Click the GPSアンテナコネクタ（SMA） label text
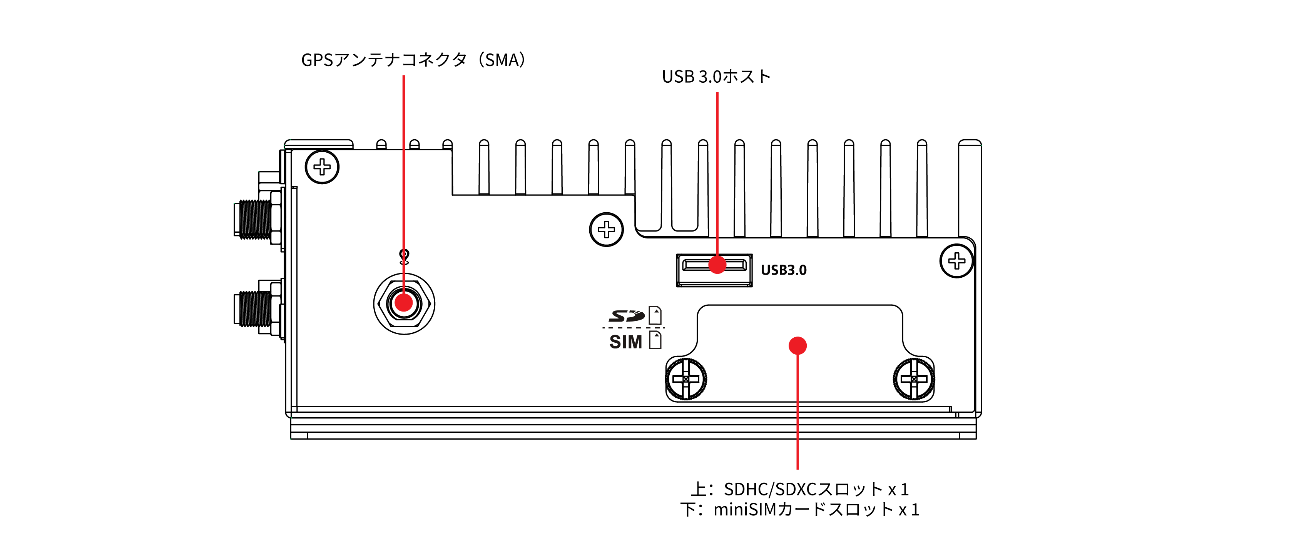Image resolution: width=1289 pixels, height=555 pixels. click(x=413, y=60)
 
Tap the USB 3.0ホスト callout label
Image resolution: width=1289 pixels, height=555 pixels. click(x=716, y=77)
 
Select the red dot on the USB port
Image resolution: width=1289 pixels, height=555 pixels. click(x=717, y=265)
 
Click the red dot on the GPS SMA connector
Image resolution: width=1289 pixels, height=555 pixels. click(x=404, y=302)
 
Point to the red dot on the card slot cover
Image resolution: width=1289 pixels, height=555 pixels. click(x=797, y=345)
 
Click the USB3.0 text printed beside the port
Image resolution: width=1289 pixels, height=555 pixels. click(x=784, y=270)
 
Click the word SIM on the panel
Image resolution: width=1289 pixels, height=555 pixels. click(x=625, y=342)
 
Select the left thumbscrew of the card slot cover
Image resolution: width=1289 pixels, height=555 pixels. click(x=685, y=379)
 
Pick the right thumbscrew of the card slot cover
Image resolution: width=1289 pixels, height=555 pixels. click(x=914, y=379)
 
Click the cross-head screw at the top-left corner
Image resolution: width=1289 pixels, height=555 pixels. click(x=322, y=167)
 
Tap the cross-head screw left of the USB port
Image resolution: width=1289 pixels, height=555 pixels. click(x=606, y=230)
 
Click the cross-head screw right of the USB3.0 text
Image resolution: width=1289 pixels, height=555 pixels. click(x=956, y=260)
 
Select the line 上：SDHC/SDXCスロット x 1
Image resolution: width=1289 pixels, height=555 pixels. click(x=799, y=488)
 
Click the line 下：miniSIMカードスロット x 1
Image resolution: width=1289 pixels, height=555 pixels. click(x=799, y=510)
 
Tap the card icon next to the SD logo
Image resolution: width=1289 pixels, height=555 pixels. click(x=655, y=315)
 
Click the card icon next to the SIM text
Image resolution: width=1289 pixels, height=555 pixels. click(x=655, y=340)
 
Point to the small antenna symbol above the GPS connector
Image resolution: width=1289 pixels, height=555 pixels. click(x=404, y=257)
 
